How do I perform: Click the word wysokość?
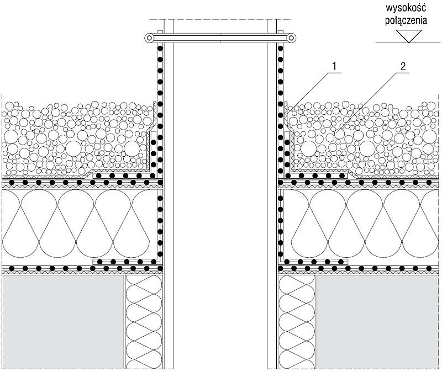(406, 8)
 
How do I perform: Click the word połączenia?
(406, 20)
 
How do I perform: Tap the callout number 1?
(334, 66)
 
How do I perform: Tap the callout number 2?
(403, 66)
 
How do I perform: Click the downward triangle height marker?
(409, 36)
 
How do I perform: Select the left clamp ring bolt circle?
(149, 38)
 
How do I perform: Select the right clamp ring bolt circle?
(292, 38)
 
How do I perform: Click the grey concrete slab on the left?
(64, 322)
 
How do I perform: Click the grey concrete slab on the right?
(378, 322)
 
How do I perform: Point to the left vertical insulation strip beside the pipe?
(144, 322)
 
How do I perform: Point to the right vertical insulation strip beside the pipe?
(297, 322)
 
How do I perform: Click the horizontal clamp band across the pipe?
(220, 38)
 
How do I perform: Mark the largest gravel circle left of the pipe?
(74, 148)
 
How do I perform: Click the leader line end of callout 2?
(335, 131)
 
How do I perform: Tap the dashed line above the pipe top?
(220, 19)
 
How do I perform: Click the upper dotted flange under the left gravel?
(124, 176)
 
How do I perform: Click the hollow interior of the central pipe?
(220, 197)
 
